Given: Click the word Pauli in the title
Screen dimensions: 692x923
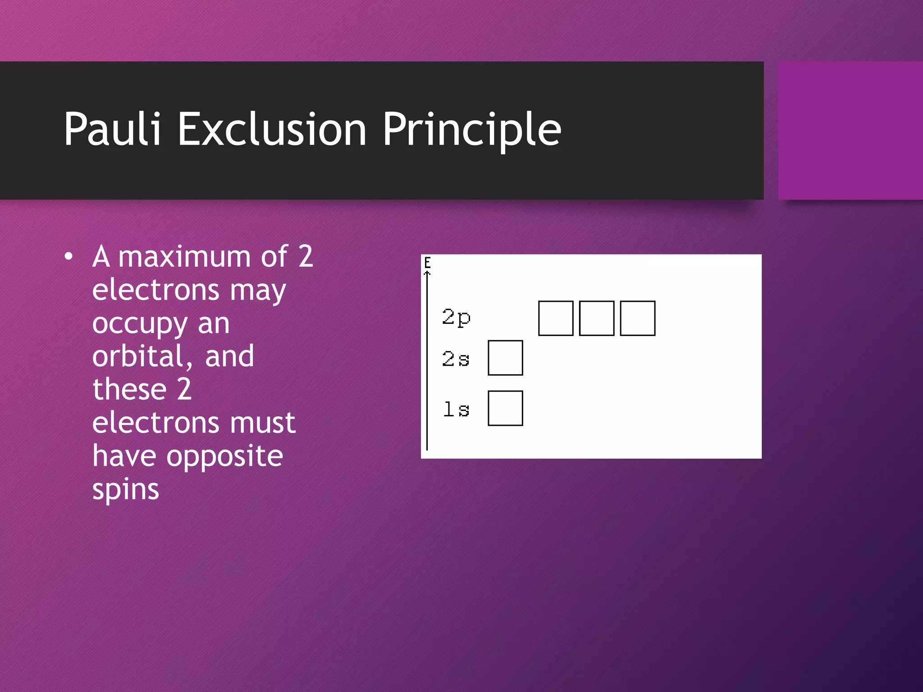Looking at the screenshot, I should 112,129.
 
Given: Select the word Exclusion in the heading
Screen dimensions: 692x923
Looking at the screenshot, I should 272,129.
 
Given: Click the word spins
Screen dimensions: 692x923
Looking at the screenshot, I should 125,490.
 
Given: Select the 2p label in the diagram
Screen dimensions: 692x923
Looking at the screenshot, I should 456,317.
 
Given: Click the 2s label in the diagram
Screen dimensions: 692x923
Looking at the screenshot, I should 456,359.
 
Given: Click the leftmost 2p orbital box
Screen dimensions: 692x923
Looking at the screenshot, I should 556,319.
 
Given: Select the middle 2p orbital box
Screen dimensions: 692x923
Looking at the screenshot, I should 596,319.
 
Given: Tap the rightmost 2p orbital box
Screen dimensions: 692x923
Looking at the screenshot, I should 637,319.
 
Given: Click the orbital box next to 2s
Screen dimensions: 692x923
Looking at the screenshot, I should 505,358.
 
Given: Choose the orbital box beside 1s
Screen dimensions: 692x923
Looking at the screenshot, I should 505,409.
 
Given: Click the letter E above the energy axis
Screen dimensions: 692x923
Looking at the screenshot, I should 427,262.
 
